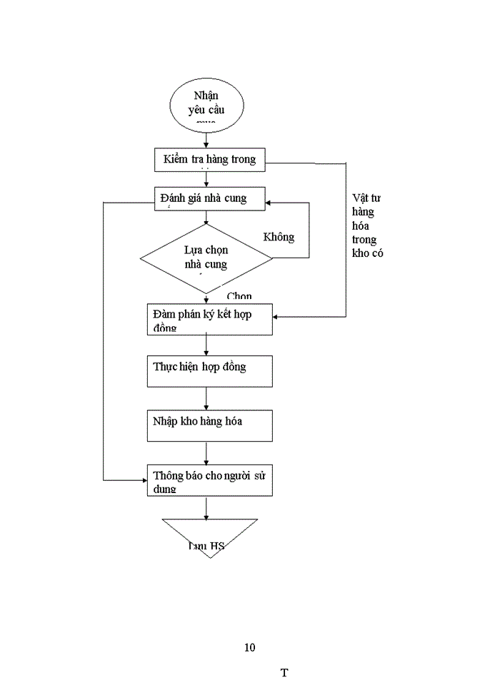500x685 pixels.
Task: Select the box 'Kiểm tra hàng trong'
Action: click(x=209, y=159)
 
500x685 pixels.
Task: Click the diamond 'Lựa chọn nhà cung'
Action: click(x=206, y=258)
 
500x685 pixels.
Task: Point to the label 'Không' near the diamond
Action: click(x=279, y=237)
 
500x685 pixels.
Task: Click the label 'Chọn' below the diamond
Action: click(x=239, y=296)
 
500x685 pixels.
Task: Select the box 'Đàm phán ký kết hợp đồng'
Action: click(x=209, y=319)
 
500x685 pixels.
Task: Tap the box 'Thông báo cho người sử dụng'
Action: click(x=209, y=480)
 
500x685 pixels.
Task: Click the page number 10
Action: click(x=249, y=648)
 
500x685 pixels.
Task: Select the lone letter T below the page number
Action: click(x=284, y=673)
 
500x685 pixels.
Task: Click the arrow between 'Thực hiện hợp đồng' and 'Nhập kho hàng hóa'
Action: click(x=206, y=399)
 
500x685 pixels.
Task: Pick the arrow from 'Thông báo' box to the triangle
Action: click(x=206, y=507)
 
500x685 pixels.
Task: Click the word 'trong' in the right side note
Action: click(x=365, y=240)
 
